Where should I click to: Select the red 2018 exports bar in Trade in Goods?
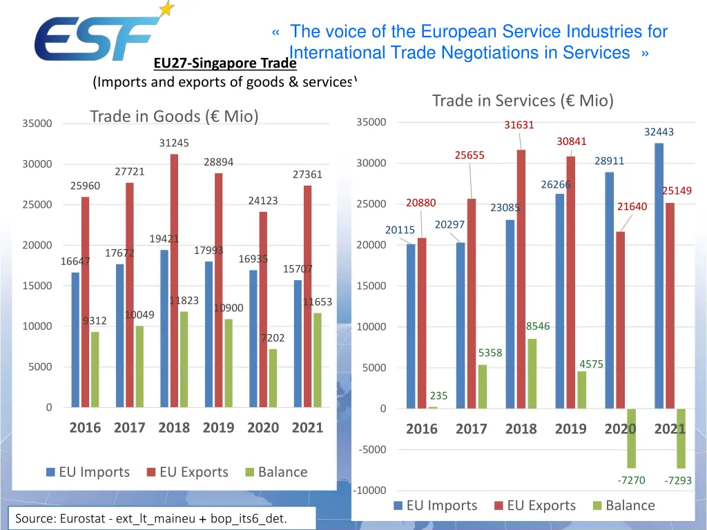click(175, 279)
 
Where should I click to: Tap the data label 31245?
click(174, 143)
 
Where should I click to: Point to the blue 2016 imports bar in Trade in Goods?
click(75, 340)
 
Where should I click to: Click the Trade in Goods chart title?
click(174, 117)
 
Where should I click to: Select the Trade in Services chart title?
click(523, 101)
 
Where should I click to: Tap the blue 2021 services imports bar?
click(659, 276)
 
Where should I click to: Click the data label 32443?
click(659, 132)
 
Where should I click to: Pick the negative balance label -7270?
click(631, 480)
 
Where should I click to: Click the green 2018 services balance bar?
click(532, 373)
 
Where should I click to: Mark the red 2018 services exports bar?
click(521, 279)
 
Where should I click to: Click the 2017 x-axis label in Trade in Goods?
click(130, 428)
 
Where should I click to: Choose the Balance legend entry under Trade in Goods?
click(276, 472)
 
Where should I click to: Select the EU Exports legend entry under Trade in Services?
click(534, 505)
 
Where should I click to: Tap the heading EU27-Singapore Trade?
click(224, 64)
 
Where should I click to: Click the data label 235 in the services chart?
click(438, 396)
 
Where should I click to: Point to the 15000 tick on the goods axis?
click(37, 286)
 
